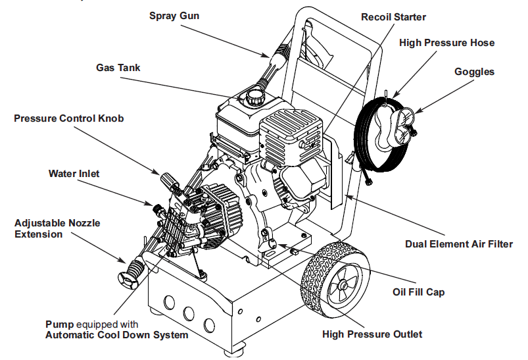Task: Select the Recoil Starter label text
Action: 394,16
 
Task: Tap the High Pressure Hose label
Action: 446,43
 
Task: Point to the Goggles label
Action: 474,72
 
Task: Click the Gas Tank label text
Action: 118,68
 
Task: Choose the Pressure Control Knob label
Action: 68,118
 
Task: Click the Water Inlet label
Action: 74,174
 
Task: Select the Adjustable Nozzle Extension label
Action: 57,228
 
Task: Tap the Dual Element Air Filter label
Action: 458,244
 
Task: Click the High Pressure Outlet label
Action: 372,334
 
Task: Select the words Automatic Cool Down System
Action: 116,335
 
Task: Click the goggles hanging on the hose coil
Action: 398,123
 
